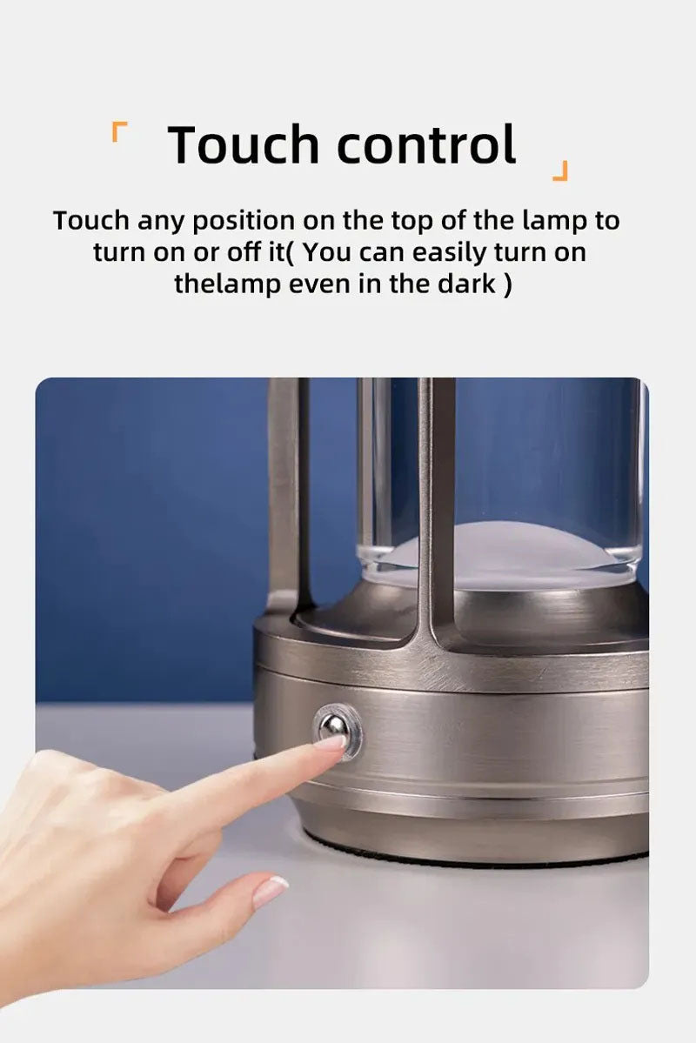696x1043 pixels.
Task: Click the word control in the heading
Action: pyautogui.click(x=426, y=144)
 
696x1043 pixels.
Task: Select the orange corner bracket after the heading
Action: pyautogui.click(x=560, y=170)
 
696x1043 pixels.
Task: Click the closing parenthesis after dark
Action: pyautogui.click(x=507, y=284)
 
